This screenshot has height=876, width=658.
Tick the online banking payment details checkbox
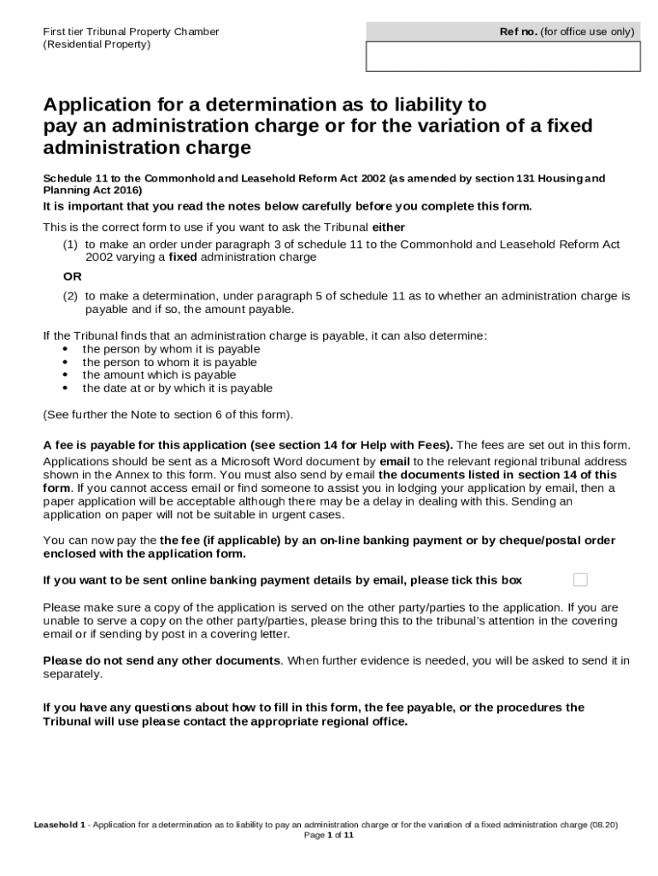[x=580, y=580]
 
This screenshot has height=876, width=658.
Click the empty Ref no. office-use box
[x=502, y=56]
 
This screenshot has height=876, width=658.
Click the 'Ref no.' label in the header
[x=518, y=33]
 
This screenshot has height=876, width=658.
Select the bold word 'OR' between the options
[x=73, y=276]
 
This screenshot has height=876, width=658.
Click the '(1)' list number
[x=70, y=245]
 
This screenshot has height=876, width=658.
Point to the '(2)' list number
[x=70, y=296]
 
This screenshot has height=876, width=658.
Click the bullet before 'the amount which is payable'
[x=66, y=376]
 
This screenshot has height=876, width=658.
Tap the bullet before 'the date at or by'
[x=66, y=388]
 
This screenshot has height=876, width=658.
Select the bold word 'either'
[x=389, y=228]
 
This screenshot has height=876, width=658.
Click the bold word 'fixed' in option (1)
[x=183, y=257]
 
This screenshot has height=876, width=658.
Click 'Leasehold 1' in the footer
[x=60, y=826]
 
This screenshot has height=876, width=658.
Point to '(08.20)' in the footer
[x=603, y=826]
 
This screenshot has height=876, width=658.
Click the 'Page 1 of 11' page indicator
[x=329, y=836]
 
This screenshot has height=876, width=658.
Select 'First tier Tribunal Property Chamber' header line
[x=131, y=33]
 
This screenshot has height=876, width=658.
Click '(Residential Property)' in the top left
[x=97, y=44]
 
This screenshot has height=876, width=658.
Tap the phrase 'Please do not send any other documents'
[x=162, y=661]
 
